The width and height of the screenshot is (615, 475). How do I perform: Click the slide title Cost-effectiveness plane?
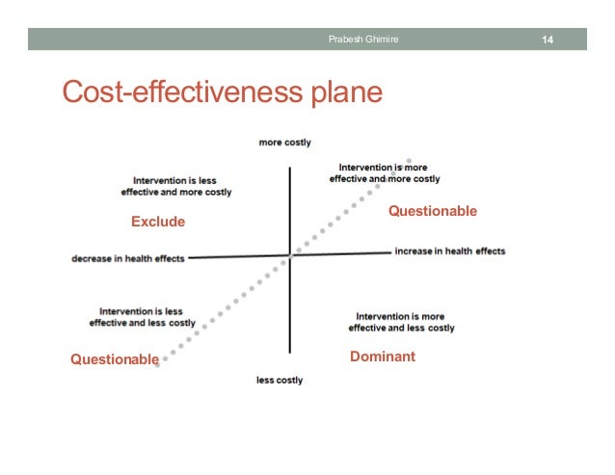point(222,92)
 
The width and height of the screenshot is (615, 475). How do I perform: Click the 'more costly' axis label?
point(284,143)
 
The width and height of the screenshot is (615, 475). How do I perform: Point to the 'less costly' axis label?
point(280,381)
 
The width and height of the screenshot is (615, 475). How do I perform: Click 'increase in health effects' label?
point(449,251)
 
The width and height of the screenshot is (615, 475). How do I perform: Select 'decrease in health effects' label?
point(128,258)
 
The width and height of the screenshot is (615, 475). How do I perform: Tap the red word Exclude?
point(157,222)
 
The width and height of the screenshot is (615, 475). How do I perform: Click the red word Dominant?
point(383,356)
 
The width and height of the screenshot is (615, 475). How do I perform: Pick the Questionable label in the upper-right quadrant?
point(432,211)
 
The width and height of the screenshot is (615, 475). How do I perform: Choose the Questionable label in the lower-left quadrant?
point(115,359)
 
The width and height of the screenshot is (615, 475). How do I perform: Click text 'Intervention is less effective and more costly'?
point(176,186)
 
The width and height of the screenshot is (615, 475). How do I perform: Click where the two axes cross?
point(290,255)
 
